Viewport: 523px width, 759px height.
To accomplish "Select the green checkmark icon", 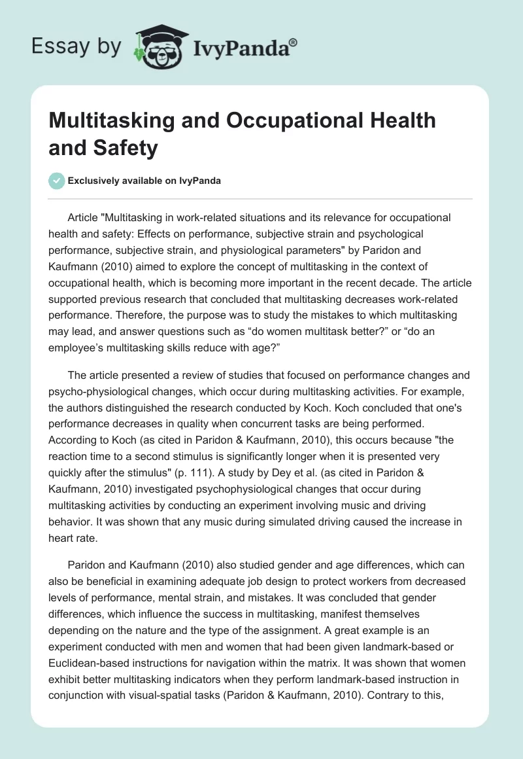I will pos(57,181).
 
